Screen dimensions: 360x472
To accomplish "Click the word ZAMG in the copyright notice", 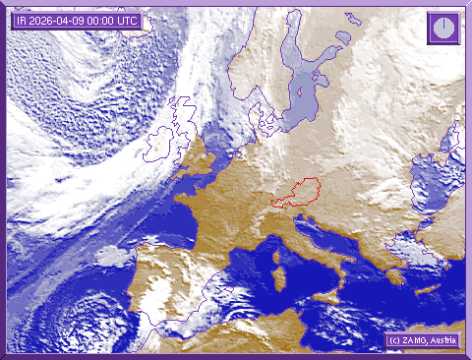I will point(413,340).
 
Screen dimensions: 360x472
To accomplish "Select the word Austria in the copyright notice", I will point(444,340).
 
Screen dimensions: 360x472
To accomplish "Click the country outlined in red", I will point(296,193).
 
